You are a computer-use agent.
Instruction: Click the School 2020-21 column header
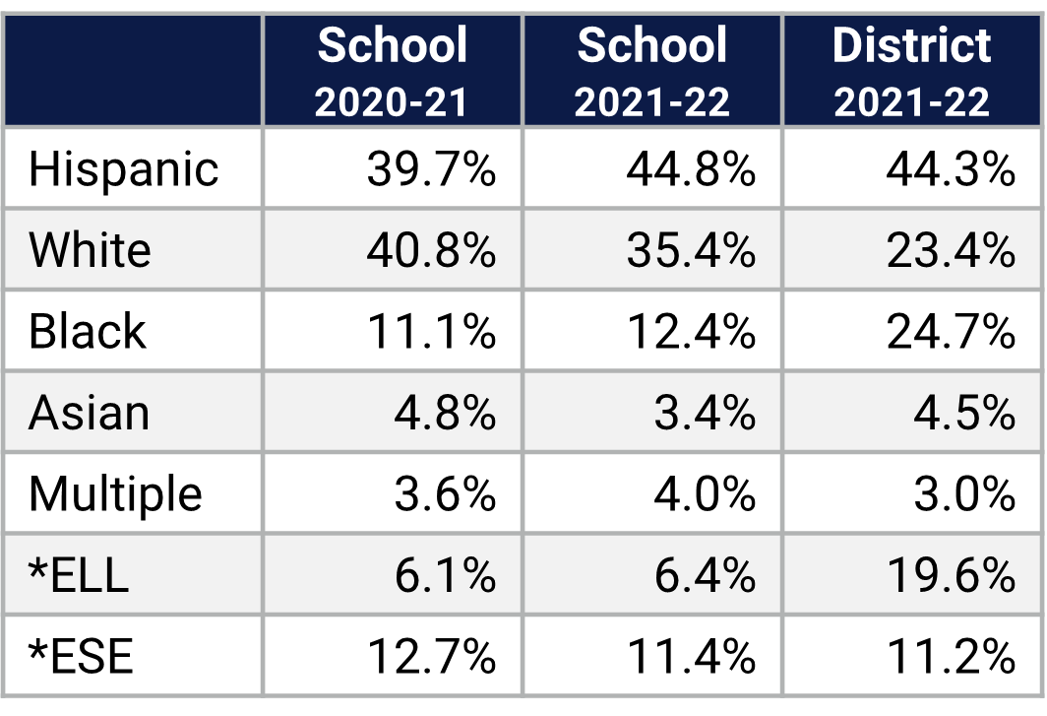tap(392, 72)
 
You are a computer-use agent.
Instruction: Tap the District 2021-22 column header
tap(912, 72)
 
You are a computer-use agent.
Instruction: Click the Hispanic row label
tap(123, 168)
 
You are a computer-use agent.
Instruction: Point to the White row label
tap(90, 250)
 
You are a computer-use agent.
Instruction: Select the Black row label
tap(87, 331)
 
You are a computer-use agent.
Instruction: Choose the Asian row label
tap(89, 413)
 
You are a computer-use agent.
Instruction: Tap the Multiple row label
tap(115, 493)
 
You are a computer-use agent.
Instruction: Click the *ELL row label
tap(79, 574)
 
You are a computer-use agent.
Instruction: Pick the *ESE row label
tap(81, 656)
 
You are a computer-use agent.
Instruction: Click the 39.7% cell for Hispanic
tap(431, 168)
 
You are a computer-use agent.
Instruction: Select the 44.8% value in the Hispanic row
tap(691, 168)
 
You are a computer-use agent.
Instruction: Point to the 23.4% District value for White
tap(951, 250)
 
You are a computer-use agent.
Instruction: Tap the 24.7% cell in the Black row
tap(951, 331)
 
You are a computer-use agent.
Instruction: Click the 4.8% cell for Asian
tap(445, 413)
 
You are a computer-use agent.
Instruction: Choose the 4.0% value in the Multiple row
tap(705, 493)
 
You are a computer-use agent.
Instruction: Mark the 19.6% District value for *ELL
tap(951, 574)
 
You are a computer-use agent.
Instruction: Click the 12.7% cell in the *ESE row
tap(431, 656)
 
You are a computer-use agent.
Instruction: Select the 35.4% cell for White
tap(691, 250)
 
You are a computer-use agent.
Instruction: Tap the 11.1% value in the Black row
tap(431, 331)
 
